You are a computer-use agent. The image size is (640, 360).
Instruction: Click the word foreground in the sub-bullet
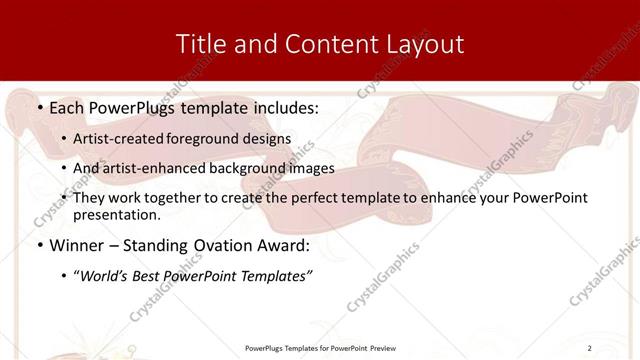coord(216,138)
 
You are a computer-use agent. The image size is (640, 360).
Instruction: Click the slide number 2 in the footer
coord(590,347)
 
